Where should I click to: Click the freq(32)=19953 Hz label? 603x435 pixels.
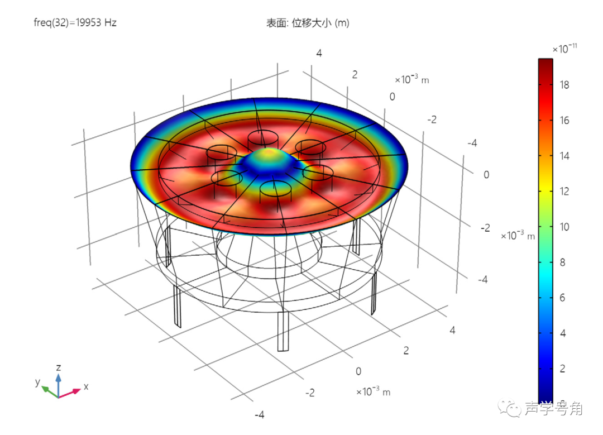tap(75, 23)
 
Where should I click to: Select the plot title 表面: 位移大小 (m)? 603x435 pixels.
tap(308, 23)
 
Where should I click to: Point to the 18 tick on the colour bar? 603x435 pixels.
tap(564, 85)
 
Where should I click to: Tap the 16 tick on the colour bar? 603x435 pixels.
tap(564, 121)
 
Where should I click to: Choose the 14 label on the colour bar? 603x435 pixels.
tap(564, 156)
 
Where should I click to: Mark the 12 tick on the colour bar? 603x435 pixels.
tap(564, 191)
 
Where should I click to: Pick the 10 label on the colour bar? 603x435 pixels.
tap(564, 227)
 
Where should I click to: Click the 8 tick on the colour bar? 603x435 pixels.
tap(562, 262)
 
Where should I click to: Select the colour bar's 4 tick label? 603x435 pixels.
tap(563, 333)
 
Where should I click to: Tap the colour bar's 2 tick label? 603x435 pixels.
tap(562, 369)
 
